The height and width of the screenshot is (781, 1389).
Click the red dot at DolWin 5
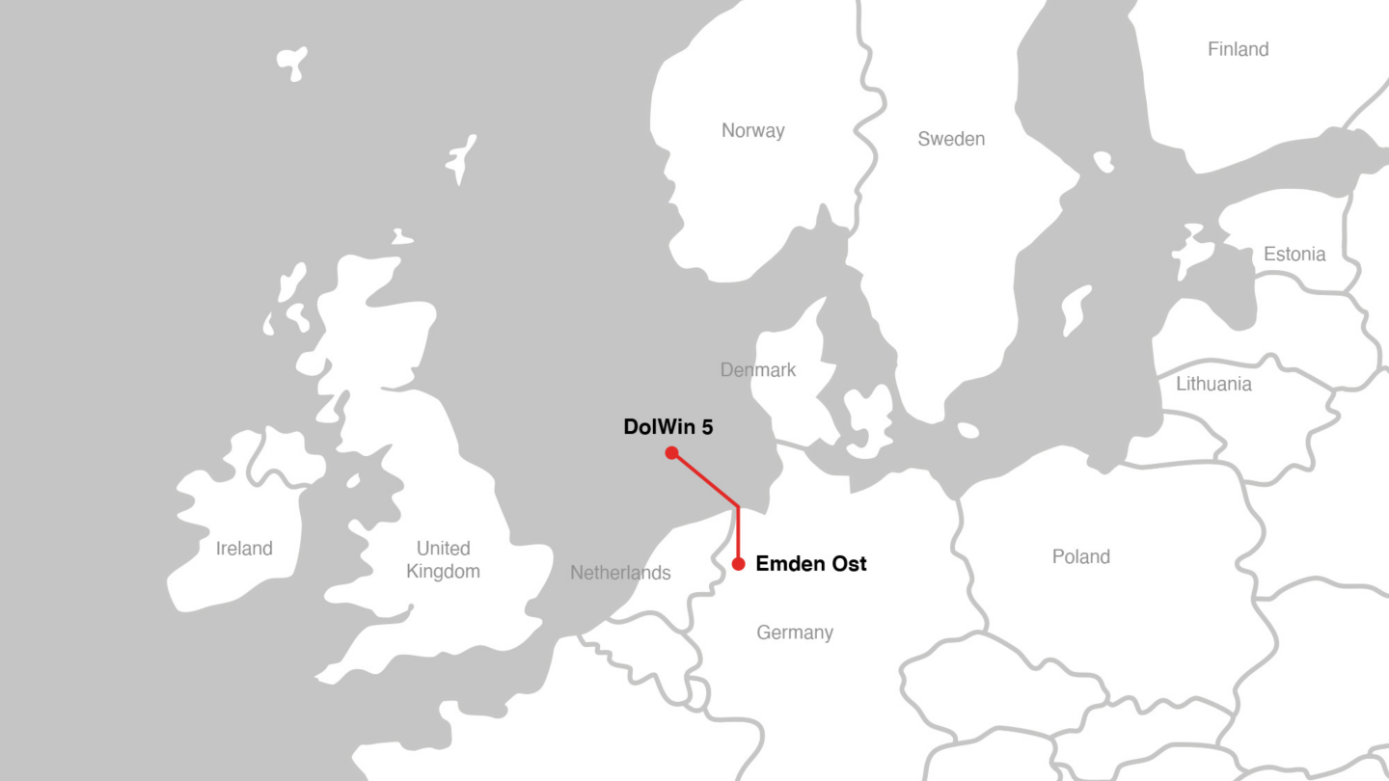tap(671, 453)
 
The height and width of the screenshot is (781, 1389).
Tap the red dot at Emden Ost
tap(738, 564)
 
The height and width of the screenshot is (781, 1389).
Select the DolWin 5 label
tap(668, 427)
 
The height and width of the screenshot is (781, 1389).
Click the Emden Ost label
tap(810, 564)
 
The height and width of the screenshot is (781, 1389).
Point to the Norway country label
tap(753, 131)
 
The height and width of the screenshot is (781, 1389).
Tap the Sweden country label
tap(951, 139)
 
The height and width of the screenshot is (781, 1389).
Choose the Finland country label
tap(1238, 49)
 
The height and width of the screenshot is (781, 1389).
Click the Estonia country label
tap(1294, 255)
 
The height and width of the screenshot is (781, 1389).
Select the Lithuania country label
tap(1213, 384)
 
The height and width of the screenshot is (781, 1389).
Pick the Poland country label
tap(1080, 557)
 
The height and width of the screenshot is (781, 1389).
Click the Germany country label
tap(795, 633)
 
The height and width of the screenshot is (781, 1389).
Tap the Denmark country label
tap(758, 369)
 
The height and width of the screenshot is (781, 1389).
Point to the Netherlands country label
tap(620, 573)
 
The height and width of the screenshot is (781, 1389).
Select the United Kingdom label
tap(443, 560)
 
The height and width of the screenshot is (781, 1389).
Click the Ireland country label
tap(244, 549)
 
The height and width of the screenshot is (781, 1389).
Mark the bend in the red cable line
tap(738, 506)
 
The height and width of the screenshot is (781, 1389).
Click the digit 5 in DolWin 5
tap(707, 427)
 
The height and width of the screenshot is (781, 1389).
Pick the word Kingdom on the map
tap(443, 572)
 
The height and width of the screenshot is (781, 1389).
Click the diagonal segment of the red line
tap(705, 480)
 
